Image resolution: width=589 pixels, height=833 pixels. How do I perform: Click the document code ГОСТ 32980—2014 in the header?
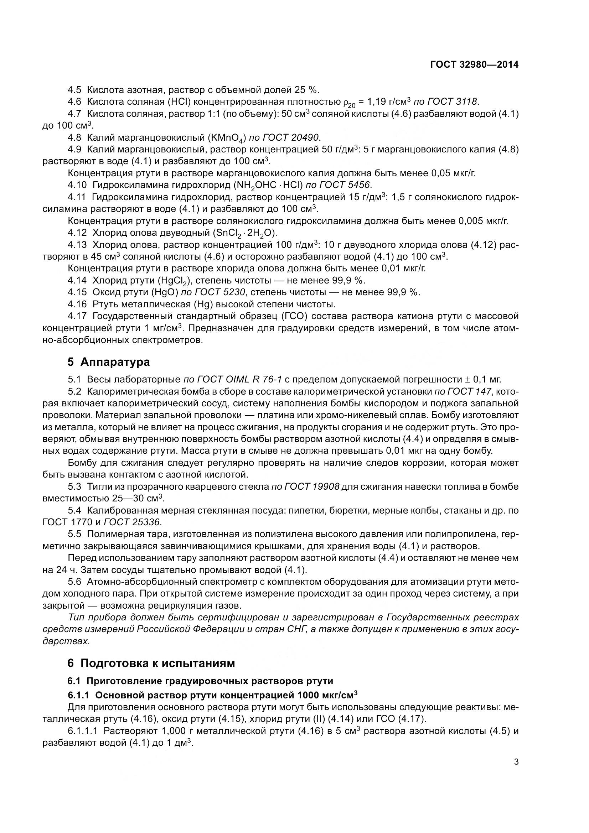[x=474, y=64]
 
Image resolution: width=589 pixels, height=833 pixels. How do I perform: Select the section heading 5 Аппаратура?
[x=109, y=362]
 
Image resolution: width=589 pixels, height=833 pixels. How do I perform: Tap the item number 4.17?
[x=77, y=316]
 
